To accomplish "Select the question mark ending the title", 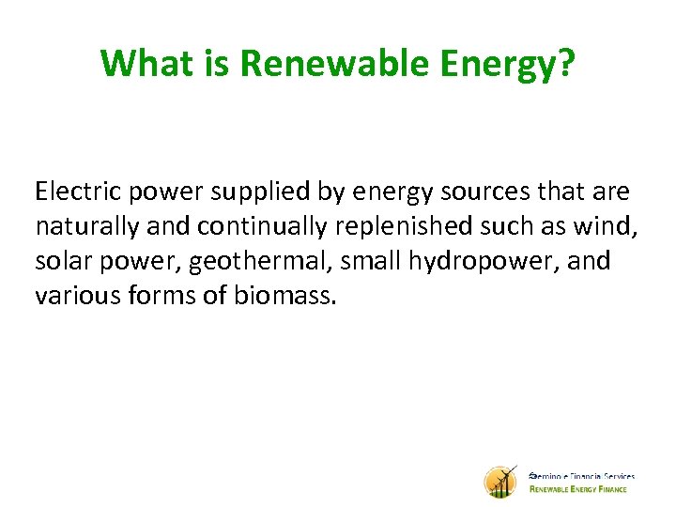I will [566, 63].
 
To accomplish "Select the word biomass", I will [287, 297].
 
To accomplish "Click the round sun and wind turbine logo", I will [500, 483].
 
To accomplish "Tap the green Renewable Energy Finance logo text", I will [582, 488].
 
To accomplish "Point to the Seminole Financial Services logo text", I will [582, 476].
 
